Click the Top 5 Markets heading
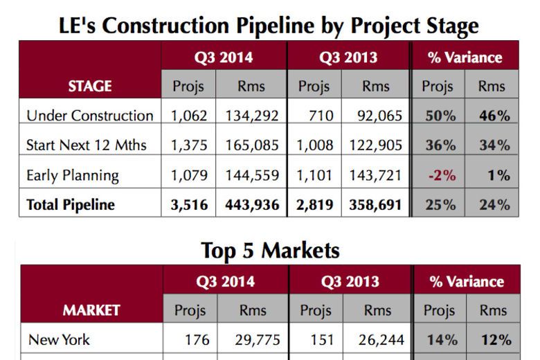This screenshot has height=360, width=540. tap(270, 249)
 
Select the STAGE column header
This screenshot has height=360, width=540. tap(90, 87)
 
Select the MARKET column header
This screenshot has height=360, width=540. tap(91, 311)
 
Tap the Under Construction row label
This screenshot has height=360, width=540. tap(89, 116)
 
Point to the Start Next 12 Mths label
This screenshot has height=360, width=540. tap(84, 145)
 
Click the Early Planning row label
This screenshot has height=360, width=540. tap(73, 175)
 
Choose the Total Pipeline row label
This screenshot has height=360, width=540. tap(71, 205)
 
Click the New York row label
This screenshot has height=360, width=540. tap(59, 340)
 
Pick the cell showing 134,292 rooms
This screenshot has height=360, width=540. tap(251, 116)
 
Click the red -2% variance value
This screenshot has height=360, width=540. tap(442, 175)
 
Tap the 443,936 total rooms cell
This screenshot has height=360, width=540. tap(251, 205)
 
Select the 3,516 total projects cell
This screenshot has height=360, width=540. tap(188, 205)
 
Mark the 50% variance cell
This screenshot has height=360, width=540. tap(440, 116)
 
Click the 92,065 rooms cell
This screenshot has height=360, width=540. tap(378, 116)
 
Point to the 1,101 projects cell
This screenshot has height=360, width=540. tap(314, 175)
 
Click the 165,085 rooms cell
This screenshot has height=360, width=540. tap(251, 145)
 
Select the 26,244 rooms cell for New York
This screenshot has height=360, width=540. tap(379, 340)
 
